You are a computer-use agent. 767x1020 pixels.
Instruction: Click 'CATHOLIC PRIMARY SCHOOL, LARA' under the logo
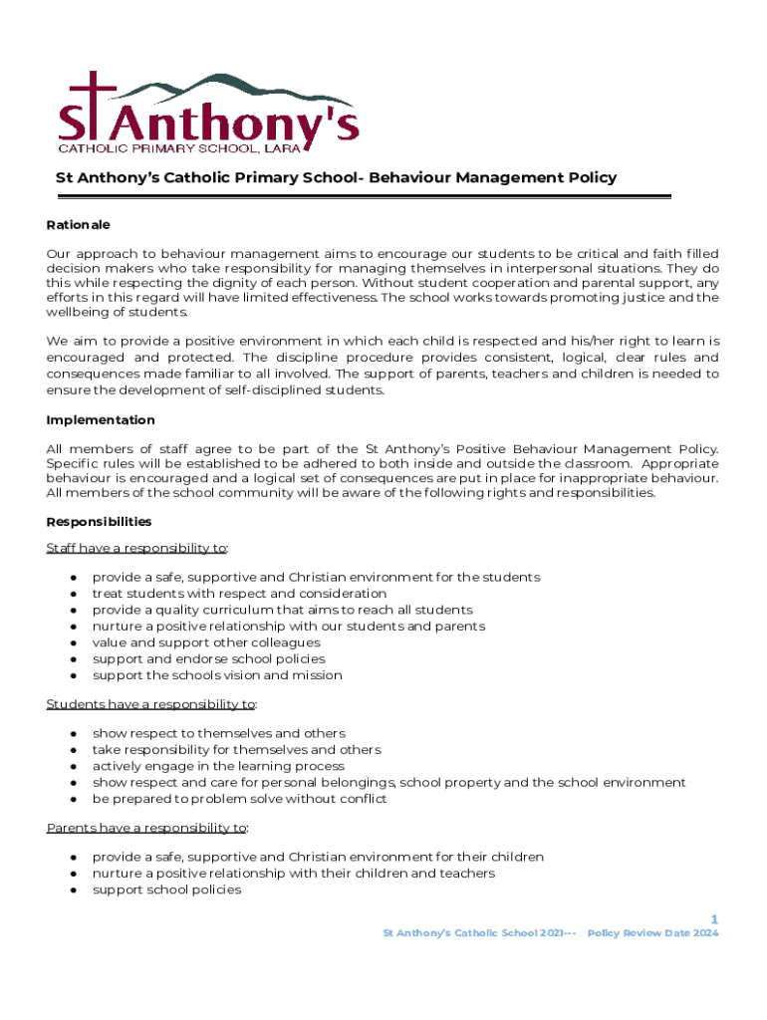point(187,149)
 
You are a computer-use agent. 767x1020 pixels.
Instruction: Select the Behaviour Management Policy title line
point(336,178)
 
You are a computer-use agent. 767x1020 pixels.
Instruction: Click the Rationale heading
point(78,225)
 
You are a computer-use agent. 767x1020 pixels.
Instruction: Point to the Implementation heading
point(101,420)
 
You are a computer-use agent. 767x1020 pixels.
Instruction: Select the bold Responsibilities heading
point(99,522)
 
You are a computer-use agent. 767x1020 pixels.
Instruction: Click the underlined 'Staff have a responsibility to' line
point(137,548)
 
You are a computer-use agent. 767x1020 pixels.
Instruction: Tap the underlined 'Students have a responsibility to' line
point(151,704)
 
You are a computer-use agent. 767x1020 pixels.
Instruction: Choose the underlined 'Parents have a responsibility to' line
point(147,828)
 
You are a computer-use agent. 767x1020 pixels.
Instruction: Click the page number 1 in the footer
point(713,919)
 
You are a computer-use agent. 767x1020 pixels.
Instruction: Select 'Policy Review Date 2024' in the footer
point(652,933)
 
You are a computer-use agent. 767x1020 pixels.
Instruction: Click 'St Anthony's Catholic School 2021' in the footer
point(474,933)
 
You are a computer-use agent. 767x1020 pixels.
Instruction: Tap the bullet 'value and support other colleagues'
point(206,642)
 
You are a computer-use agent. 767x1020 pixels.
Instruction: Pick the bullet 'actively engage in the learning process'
point(218,766)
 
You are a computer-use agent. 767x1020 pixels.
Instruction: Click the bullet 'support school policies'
point(166,890)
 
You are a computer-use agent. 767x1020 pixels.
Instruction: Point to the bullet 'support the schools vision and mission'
point(217,675)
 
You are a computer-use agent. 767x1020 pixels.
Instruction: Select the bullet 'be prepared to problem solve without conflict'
point(239,799)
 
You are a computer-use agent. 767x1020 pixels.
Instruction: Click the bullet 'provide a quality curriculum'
point(282,610)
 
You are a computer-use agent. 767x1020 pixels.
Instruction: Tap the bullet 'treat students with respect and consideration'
point(239,594)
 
